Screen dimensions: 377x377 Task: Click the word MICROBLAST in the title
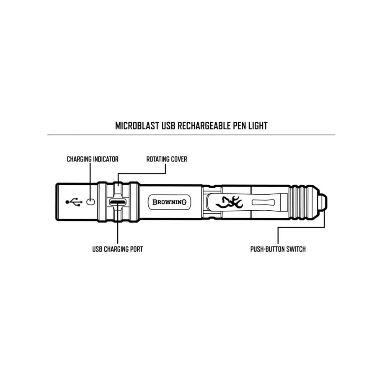pyautogui.click(x=137, y=126)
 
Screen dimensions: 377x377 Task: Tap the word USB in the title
pyautogui.click(x=168, y=126)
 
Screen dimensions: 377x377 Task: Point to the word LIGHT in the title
pyautogui.click(x=258, y=126)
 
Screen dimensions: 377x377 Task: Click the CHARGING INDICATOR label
pyautogui.click(x=93, y=159)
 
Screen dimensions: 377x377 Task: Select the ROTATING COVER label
pyautogui.click(x=167, y=159)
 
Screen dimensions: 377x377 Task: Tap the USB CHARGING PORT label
pyautogui.click(x=118, y=249)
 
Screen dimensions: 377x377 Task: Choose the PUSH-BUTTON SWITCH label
pyautogui.click(x=278, y=249)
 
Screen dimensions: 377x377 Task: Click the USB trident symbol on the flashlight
pyautogui.click(x=74, y=202)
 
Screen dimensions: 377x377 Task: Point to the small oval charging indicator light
pyautogui.click(x=90, y=202)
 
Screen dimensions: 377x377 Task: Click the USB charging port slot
pyautogui.click(x=118, y=202)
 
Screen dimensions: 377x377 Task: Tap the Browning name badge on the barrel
pyautogui.click(x=169, y=202)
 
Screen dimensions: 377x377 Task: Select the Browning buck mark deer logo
pyautogui.click(x=230, y=202)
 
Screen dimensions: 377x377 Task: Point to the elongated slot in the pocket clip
pyautogui.click(x=263, y=202)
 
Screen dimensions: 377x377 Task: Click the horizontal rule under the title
pyautogui.click(x=191, y=135)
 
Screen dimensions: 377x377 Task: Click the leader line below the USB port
pyautogui.click(x=118, y=225)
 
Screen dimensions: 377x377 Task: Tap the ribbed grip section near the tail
pyautogui.click(x=302, y=202)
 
